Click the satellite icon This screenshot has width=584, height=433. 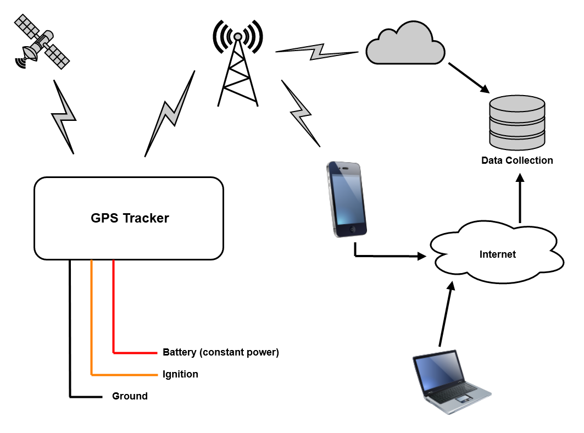pyautogui.click(x=42, y=42)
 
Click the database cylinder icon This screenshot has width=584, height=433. pyautogui.click(x=516, y=123)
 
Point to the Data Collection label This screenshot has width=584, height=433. pyautogui.click(x=516, y=160)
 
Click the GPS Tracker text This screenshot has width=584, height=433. pyautogui.click(x=130, y=218)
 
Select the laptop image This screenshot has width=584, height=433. pyautogui.click(x=450, y=380)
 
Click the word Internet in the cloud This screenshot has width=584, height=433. pyautogui.click(x=497, y=254)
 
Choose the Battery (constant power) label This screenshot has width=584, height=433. pyautogui.click(x=221, y=352)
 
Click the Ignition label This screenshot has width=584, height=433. pyautogui.click(x=180, y=374)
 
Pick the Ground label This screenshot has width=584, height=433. pyautogui.click(x=130, y=396)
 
